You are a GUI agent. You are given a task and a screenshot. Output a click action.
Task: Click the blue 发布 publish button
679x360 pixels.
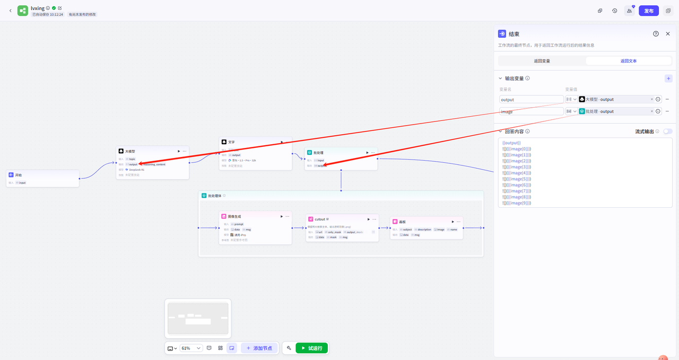point(649,11)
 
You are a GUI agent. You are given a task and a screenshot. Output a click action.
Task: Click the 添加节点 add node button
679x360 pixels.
point(259,348)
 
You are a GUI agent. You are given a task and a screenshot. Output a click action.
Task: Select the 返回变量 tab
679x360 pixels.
point(542,61)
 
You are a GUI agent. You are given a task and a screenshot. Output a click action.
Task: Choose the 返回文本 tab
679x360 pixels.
point(629,61)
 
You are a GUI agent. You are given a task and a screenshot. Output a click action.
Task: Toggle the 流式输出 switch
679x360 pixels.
point(667,131)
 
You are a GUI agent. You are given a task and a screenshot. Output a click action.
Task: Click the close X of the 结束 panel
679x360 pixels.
point(668,34)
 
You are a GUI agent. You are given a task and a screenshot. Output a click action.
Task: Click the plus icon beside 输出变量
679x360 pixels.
point(668,78)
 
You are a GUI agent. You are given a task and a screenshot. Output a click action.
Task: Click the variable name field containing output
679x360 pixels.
point(531,99)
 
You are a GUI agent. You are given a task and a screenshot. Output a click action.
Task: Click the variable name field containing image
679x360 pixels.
point(531,111)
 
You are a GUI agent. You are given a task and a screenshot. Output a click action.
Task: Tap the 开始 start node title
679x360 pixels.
point(19,175)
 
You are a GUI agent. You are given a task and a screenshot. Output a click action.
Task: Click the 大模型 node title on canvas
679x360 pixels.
point(130,151)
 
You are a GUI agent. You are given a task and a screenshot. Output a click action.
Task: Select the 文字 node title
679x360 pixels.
point(231,142)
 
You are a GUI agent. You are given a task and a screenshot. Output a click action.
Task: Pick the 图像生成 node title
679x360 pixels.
point(234,216)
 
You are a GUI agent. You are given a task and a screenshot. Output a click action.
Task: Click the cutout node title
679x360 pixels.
point(320,219)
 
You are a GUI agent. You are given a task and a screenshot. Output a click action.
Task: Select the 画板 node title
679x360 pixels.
point(402,222)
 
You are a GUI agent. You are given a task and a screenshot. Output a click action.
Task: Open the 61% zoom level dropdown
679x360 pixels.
point(191,348)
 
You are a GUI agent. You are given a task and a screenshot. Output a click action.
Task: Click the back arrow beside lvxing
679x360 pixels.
point(10,11)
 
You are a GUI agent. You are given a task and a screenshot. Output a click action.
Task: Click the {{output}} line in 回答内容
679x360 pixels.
point(511,143)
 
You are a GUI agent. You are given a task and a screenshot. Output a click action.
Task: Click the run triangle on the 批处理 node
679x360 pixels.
point(367,153)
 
